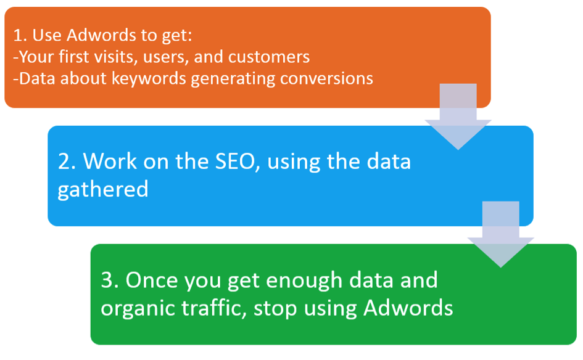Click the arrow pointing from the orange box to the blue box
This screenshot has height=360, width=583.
(458, 117)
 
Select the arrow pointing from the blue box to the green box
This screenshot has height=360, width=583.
(501, 234)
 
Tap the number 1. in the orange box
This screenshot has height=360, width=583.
(20, 36)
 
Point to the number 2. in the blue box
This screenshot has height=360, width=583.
(67, 162)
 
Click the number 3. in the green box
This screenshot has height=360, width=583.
(110, 280)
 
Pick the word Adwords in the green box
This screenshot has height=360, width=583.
(408, 308)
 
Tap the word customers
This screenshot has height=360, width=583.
(269, 57)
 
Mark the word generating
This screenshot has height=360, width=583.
(233, 79)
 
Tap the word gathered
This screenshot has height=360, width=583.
(103, 190)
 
